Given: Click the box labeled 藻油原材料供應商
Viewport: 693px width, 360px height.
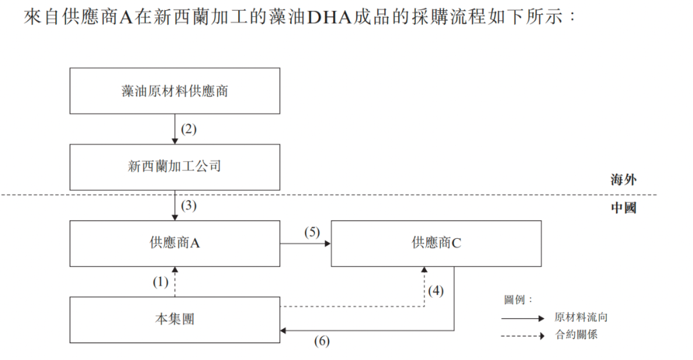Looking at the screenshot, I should click(x=175, y=90).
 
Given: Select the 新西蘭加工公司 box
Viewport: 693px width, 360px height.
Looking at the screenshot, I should click(x=175, y=167).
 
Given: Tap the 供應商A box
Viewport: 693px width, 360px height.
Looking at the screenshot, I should click(x=175, y=243).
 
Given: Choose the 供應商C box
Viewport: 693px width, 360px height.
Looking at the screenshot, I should click(x=436, y=243).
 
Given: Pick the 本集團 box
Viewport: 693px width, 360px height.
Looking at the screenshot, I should click(x=175, y=319).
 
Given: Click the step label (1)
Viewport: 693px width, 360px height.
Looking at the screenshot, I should click(x=160, y=281).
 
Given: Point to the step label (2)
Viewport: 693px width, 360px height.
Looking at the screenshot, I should click(x=188, y=129).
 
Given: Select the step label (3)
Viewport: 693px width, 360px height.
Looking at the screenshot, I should click(x=188, y=206).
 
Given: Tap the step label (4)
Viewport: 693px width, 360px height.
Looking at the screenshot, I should click(x=436, y=290).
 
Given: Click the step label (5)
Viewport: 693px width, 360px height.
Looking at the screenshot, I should click(x=312, y=232).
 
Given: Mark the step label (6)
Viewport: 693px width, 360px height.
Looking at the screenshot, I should click(x=321, y=341).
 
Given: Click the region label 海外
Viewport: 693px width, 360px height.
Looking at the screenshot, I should click(x=623, y=180).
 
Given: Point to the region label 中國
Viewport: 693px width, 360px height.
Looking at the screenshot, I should click(x=623, y=209).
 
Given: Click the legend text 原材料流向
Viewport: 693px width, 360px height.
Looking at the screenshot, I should click(x=581, y=318).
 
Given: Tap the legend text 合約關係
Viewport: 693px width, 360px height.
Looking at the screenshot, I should click(x=576, y=334).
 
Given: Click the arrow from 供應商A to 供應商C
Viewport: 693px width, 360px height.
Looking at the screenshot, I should click(x=305, y=244).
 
